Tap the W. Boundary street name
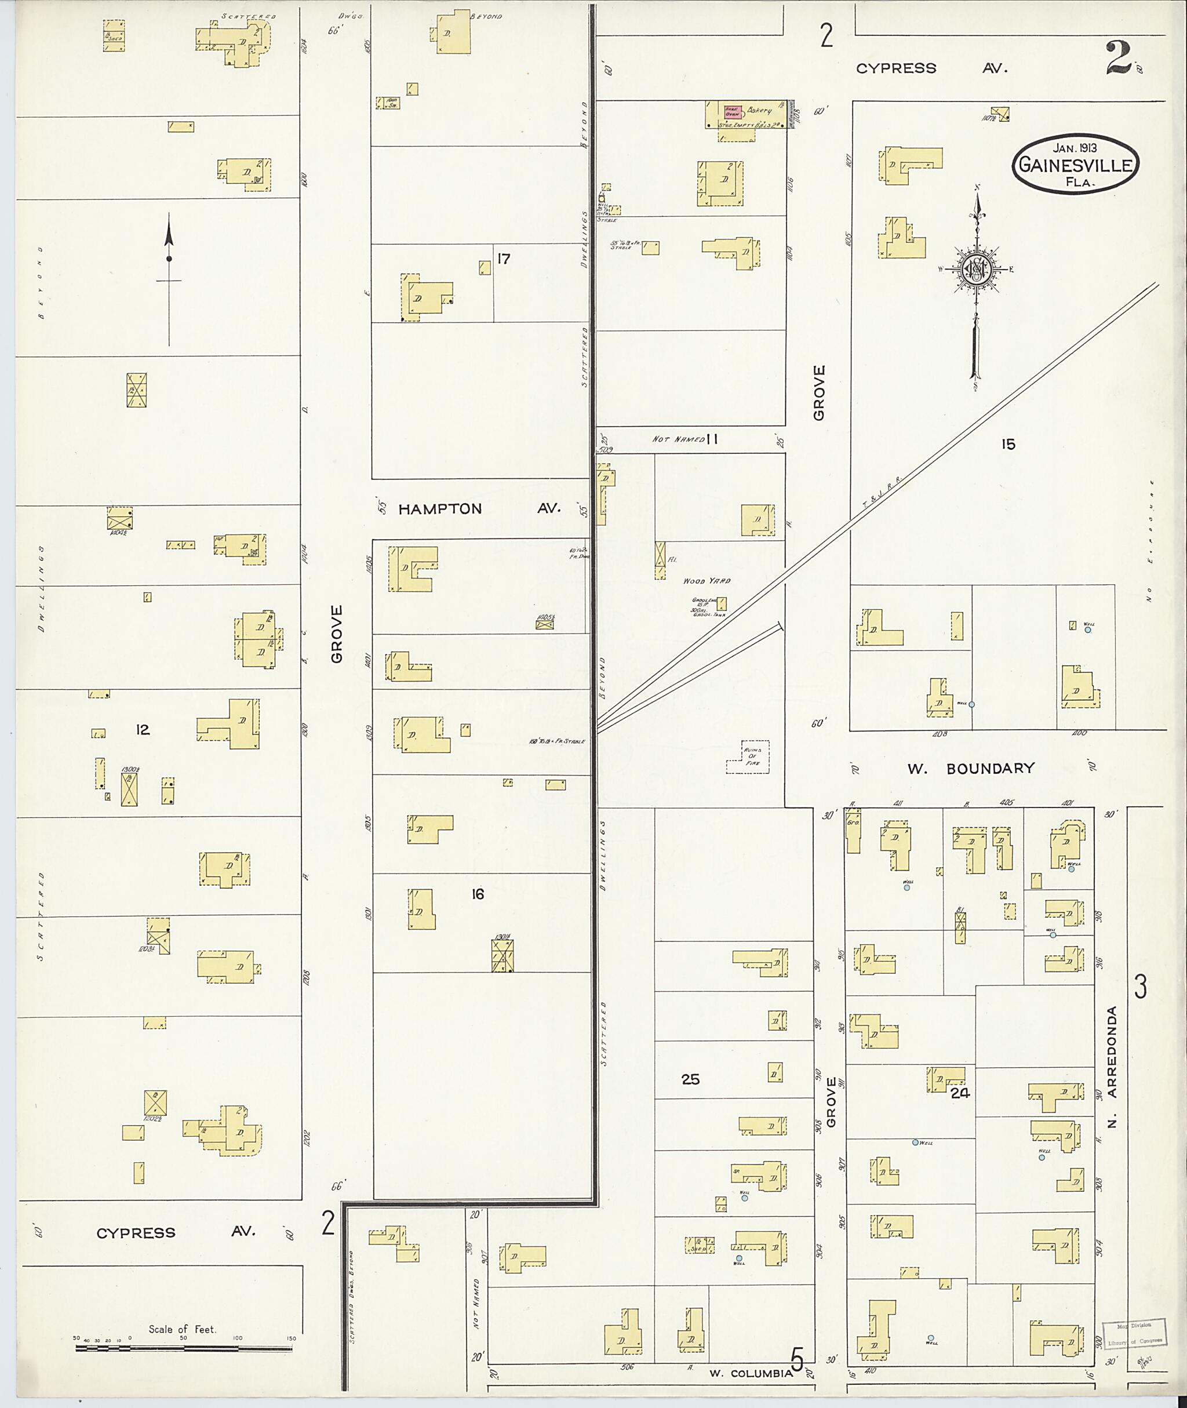970,769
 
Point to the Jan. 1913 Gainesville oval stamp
1075,163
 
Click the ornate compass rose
975,269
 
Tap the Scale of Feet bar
183,1348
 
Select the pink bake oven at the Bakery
732,112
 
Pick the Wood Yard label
707,581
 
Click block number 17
503,259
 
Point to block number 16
478,894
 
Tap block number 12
142,730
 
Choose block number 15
1007,444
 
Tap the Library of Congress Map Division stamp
1134,1333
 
